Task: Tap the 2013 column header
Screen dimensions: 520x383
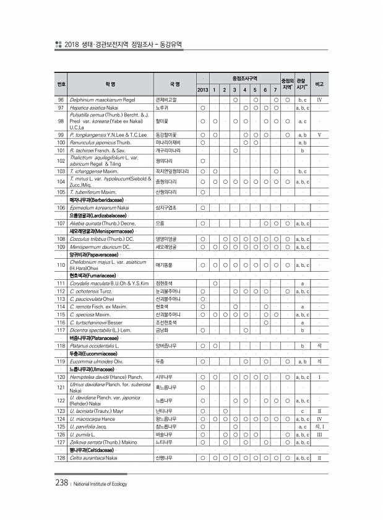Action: (202, 90)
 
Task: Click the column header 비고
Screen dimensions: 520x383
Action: (319, 84)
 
